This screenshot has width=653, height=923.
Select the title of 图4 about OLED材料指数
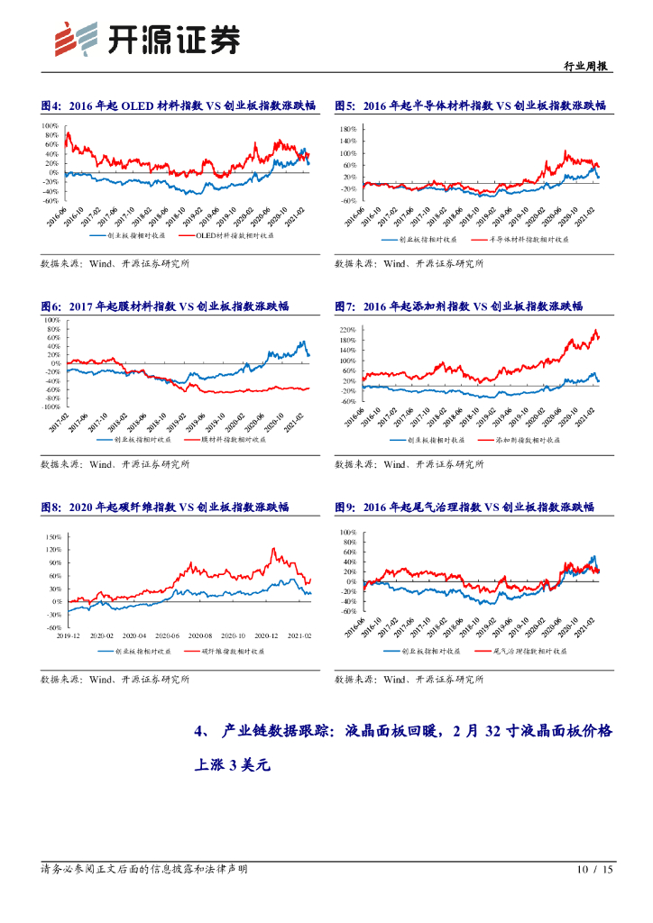178,105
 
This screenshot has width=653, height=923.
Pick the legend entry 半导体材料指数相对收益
522,241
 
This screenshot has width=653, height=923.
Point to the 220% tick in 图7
349,331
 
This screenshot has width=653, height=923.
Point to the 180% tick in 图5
349,130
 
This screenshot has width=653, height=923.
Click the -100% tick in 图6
51,407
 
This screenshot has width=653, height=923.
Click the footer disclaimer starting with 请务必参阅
144,870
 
